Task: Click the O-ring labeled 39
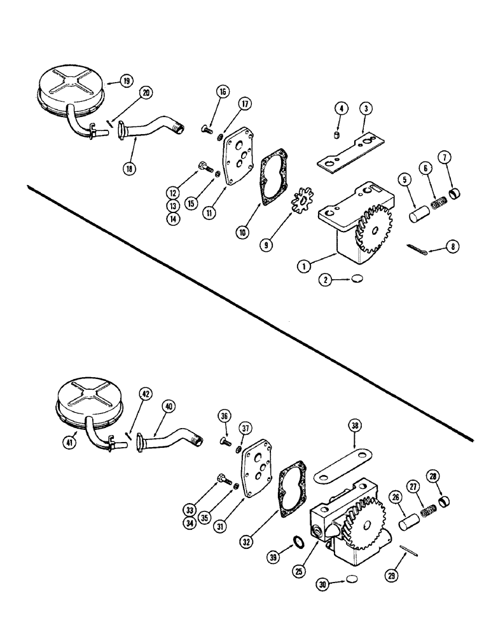pos(297,542)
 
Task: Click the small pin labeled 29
pos(406,549)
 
